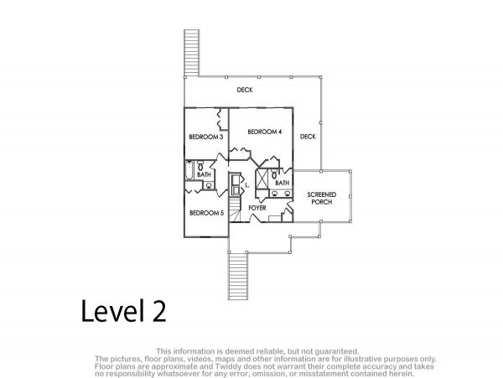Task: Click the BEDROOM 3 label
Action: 206,137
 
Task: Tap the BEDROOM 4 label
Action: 265,132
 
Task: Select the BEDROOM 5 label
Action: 206,213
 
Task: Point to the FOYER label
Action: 257,208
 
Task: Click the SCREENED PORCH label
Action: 322,198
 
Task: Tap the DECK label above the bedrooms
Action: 245,90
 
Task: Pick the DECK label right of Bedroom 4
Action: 308,137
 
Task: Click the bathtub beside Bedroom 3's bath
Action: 189,171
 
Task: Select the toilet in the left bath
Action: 200,166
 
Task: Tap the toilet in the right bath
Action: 274,174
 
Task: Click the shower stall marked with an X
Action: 262,179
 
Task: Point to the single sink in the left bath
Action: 209,185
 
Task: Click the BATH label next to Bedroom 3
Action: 205,174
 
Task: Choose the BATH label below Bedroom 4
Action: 283,183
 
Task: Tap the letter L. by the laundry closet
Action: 247,185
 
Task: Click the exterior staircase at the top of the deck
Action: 192,53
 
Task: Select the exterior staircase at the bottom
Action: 238,276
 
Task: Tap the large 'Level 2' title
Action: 124,311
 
